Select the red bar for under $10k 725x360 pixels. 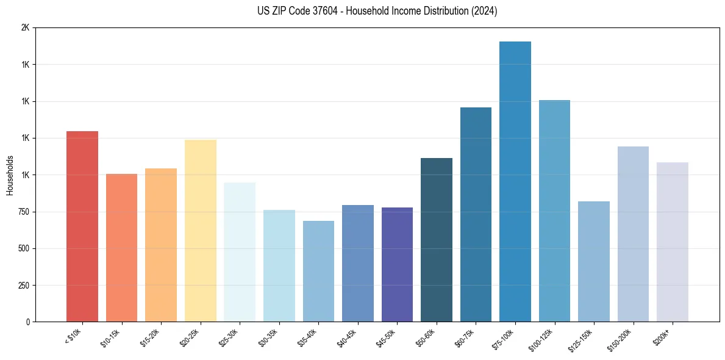click(x=82, y=226)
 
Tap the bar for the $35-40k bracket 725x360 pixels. click(x=318, y=272)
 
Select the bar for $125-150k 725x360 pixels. click(x=593, y=262)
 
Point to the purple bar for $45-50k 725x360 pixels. click(x=397, y=265)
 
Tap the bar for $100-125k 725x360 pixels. click(x=554, y=211)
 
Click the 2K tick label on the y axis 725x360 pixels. click(x=25, y=28)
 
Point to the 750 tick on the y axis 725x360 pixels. click(x=23, y=212)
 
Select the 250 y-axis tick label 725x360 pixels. click(x=23, y=286)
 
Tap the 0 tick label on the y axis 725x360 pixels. click(x=27, y=322)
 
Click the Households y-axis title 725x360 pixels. click(x=10, y=175)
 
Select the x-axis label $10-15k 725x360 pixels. click(x=112, y=338)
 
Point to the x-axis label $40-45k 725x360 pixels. click(x=348, y=338)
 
